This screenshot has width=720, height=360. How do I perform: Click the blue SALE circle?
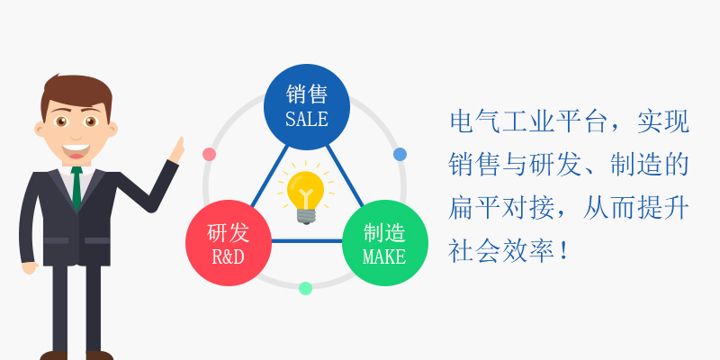(x=307, y=107)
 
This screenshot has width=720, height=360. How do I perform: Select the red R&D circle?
(x=229, y=243)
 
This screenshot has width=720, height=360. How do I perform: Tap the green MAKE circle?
(x=385, y=243)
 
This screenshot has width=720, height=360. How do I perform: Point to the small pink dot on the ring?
(x=210, y=154)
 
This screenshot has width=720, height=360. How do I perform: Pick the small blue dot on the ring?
(x=400, y=154)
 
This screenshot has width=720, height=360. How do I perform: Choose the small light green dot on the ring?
(x=305, y=288)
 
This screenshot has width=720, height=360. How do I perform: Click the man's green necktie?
(x=76, y=188)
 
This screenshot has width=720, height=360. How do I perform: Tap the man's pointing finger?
(x=181, y=143)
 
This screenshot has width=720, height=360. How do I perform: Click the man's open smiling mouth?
(x=76, y=150)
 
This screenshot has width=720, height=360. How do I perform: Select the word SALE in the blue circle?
(x=307, y=119)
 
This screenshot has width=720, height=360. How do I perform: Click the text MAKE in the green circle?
(x=384, y=256)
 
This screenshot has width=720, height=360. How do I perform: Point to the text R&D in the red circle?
(x=229, y=256)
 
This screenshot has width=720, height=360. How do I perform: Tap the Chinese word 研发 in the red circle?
(x=229, y=232)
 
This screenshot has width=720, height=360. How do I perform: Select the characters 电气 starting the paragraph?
(x=475, y=122)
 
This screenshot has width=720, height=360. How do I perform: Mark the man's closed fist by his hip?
(x=30, y=267)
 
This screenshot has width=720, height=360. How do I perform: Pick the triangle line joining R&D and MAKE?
(x=307, y=240)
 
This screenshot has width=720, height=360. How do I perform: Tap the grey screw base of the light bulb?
(x=305, y=216)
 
